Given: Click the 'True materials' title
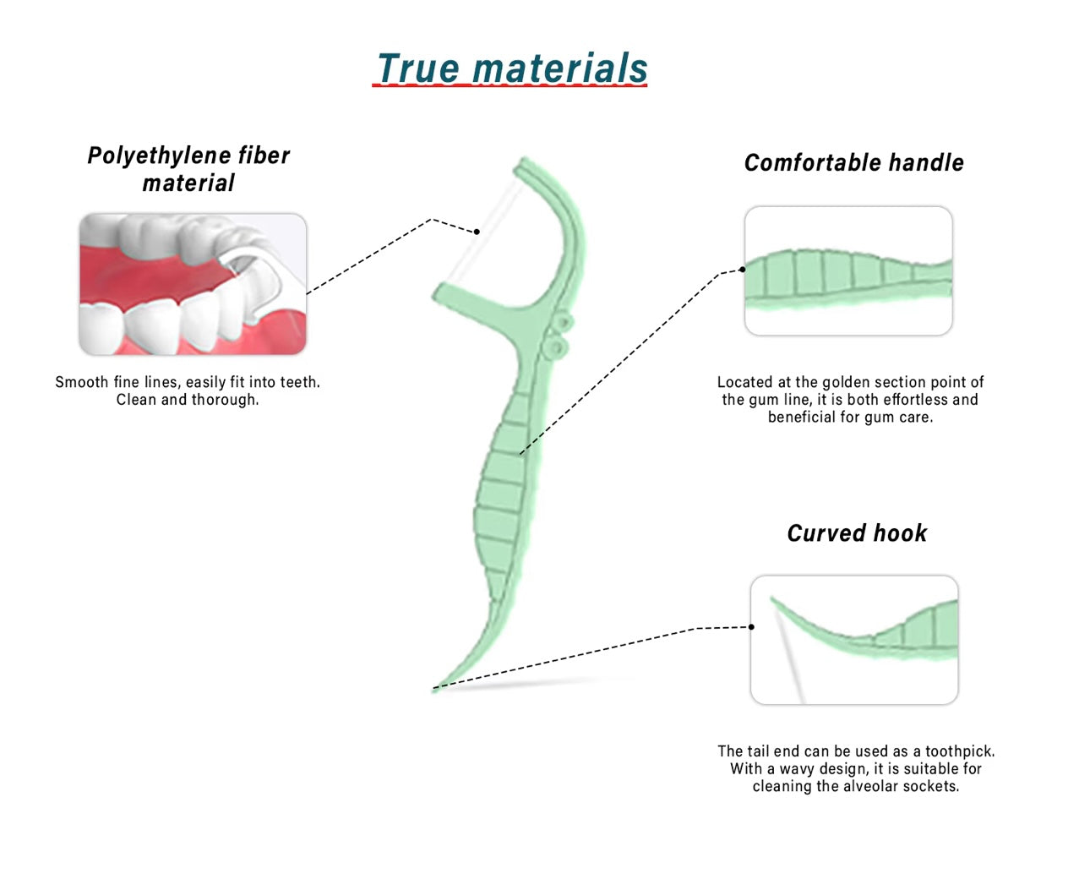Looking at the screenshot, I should point(512,68).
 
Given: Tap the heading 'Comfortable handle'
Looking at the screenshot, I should point(853,163).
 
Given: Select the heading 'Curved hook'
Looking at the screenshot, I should point(857,533).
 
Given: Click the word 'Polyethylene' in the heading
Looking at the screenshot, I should point(159,156).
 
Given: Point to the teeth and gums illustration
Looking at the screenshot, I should point(193,284).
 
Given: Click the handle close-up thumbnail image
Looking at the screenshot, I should point(848,270).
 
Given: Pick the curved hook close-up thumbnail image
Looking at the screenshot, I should point(854,640).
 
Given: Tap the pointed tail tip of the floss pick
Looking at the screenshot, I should point(436,689).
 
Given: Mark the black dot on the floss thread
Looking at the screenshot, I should point(477,232).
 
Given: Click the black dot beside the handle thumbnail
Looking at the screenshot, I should point(742,270).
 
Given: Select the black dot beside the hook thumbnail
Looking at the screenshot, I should point(751,627).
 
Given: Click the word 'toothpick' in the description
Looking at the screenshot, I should point(959,751).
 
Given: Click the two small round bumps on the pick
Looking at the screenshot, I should point(558,335).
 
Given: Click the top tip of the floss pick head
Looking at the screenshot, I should point(523,161).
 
